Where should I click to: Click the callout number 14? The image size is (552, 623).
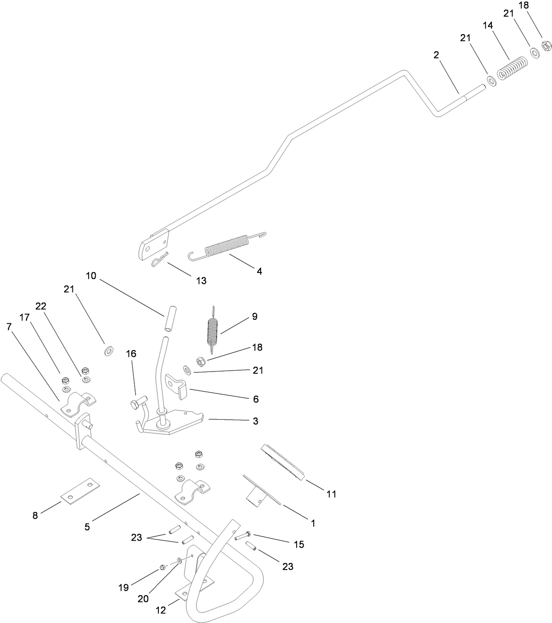coord(488,25)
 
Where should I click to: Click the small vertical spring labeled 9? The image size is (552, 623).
coord(213,330)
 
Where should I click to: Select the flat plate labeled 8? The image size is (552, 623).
coord(80,492)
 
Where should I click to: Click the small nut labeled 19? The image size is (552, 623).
coord(162,567)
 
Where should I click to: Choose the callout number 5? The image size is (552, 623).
coord(87,527)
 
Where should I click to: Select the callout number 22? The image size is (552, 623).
coord(41,306)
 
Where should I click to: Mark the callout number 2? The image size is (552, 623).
coord(436,55)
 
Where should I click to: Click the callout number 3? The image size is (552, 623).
coord(255,421)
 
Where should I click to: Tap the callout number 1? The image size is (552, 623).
coord(313,523)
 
